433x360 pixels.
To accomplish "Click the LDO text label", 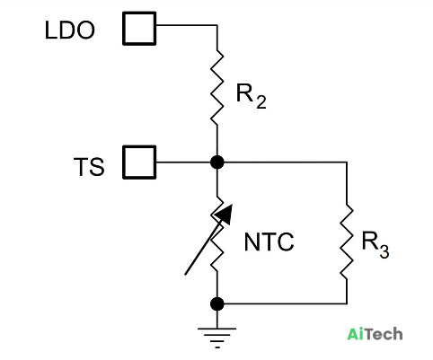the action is [70, 30].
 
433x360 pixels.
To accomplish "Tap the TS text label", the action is [89, 166].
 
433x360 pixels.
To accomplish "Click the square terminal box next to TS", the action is [139, 162].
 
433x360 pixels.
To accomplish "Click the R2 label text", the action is [252, 96].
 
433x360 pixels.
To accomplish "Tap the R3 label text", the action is [376, 244].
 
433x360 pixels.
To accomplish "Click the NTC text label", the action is [270, 241].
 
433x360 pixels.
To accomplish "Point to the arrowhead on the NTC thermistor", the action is [224, 214].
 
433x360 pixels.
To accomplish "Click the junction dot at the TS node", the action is [217, 162].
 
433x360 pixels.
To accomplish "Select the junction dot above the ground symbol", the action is [217, 304].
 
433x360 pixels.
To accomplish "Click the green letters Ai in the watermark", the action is [357, 334].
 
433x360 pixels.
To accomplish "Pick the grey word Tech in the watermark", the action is [384, 334].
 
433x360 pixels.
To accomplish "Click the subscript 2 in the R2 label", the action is [261, 102].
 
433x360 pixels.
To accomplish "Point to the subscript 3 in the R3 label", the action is [384, 251].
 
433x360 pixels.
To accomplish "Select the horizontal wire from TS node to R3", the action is [286, 162].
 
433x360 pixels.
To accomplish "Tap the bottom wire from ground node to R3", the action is [286, 304].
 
